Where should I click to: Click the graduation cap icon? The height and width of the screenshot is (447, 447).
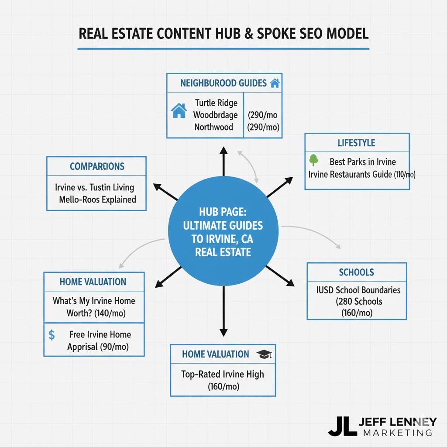(264, 354)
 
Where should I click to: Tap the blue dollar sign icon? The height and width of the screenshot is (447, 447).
(52, 335)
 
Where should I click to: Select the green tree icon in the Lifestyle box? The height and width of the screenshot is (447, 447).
(313, 160)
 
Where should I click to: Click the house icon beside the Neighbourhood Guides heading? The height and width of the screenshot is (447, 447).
(275, 83)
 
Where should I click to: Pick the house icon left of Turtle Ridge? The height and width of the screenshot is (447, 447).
(179, 111)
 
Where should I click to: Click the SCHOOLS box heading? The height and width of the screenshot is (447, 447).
(356, 272)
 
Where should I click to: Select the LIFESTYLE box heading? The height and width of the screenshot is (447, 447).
(356, 143)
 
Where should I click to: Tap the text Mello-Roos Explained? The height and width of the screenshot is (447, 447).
(97, 199)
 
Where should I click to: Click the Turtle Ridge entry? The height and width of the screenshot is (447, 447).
(216, 103)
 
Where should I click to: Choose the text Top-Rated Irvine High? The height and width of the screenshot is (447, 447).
(223, 374)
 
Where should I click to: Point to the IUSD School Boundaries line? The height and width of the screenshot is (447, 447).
(358, 290)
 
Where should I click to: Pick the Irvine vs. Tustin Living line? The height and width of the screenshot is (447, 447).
(95, 187)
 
